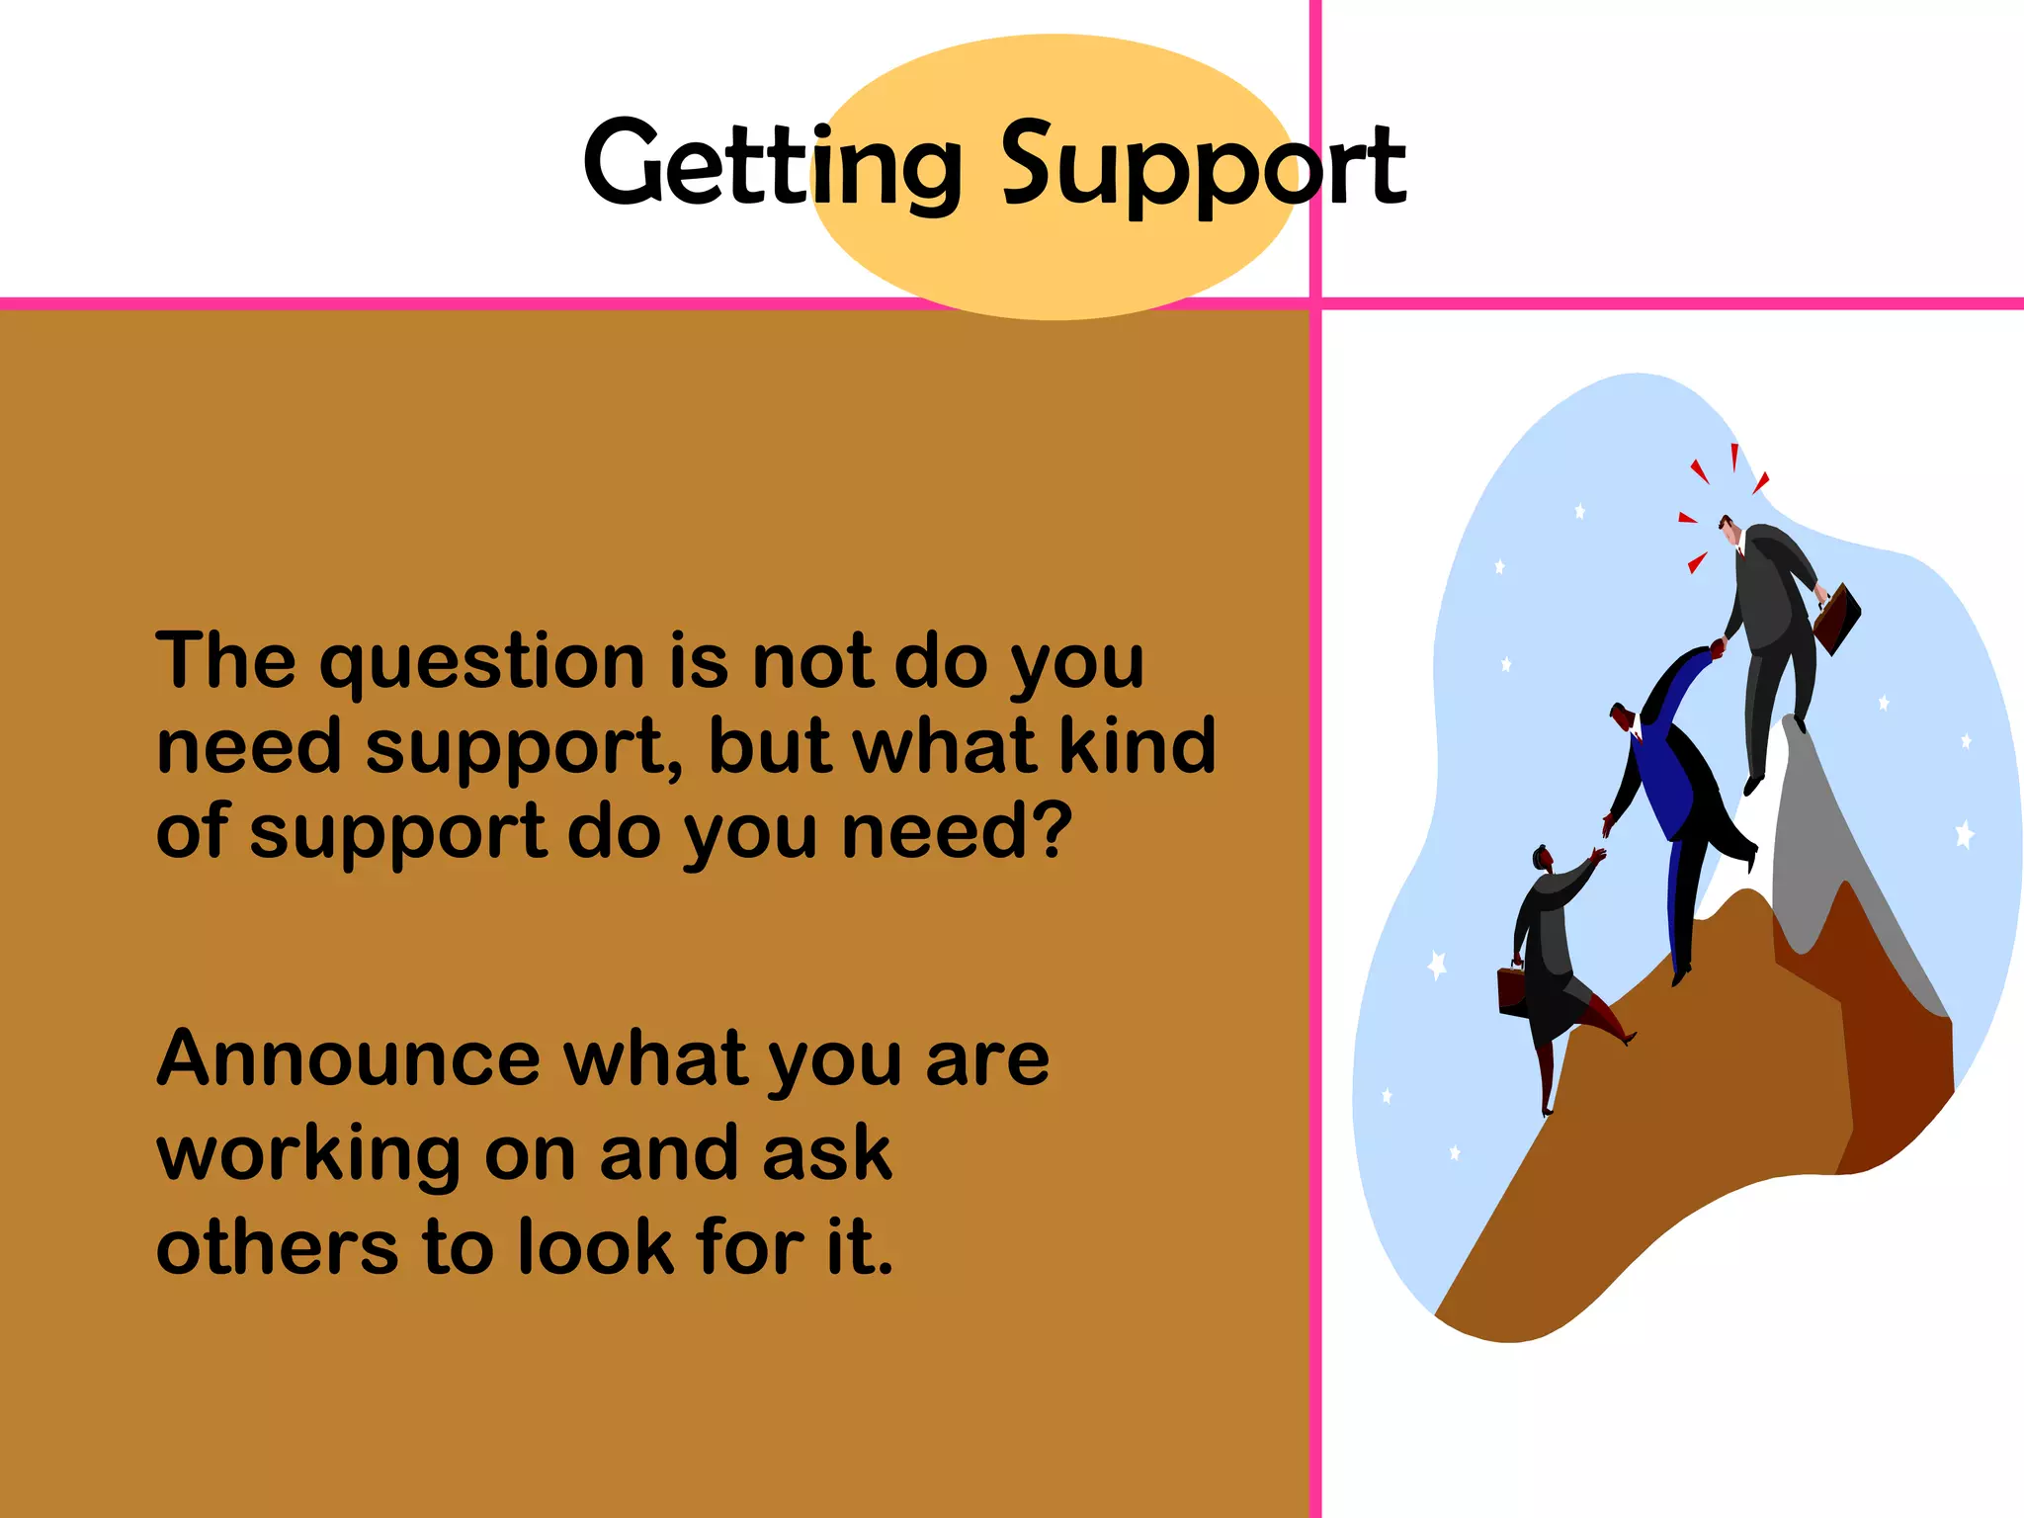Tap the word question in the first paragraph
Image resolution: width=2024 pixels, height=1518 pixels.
coord(481,662)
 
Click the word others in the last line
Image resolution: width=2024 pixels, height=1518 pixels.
coord(277,1247)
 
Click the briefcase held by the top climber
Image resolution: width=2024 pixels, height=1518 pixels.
coord(1836,619)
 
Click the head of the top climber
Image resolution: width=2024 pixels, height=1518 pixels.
coord(1729,529)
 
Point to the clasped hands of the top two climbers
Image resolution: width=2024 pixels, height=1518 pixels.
coord(1718,648)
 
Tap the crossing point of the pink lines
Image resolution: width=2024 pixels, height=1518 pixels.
coord(1315,303)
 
